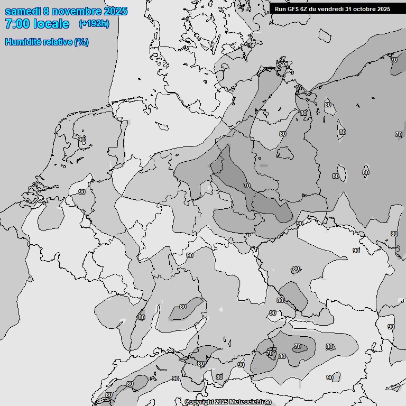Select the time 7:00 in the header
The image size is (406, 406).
coord(17,24)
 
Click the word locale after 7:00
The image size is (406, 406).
coord(51,24)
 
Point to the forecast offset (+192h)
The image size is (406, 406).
coord(94,24)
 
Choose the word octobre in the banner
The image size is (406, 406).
coord(364,9)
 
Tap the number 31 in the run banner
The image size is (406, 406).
coord(348,9)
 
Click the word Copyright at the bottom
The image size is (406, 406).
coord(199,402)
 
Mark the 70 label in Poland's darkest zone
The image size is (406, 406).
coord(247,186)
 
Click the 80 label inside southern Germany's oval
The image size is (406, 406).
coord(183,307)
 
